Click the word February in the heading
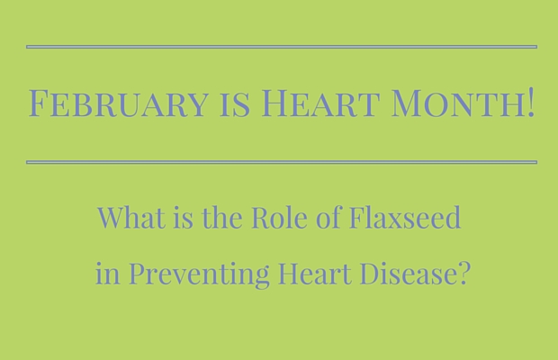tap(118, 103)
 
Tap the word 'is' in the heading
tap(235, 105)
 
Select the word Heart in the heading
tap(319, 103)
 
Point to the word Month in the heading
tap(458, 103)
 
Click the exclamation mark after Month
tap(531, 103)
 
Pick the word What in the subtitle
tap(131, 217)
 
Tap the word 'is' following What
tap(184, 218)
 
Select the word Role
tap(279, 217)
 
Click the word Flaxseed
tap(405, 217)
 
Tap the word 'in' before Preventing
tap(107, 274)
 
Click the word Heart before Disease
tap(315, 274)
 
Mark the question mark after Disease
tap(463, 274)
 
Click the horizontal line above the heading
tap(282, 47)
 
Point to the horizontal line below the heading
tap(282, 162)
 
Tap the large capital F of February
tap(39, 103)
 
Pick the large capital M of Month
tap(407, 103)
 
